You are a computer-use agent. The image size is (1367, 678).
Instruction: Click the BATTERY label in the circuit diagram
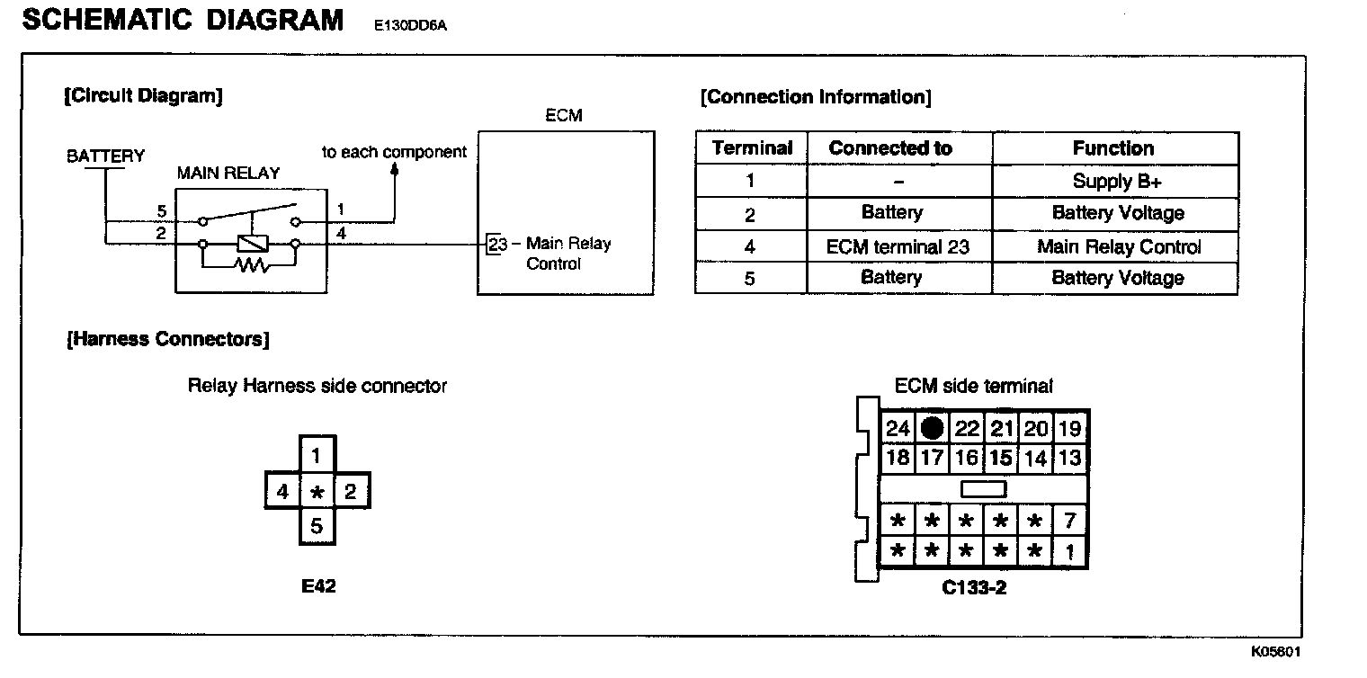[x=105, y=156]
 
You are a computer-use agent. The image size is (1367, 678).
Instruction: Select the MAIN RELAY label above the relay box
[x=228, y=174]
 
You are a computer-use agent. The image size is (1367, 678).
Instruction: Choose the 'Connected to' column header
[x=890, y=148]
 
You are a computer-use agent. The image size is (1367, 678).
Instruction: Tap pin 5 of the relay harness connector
[x=317, y=526]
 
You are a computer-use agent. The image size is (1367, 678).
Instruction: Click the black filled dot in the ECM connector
[x=933, y=428]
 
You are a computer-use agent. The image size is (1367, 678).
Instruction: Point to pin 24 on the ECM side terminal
[x=898, y=429]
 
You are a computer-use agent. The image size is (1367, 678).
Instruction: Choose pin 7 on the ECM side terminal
[x=1069, y=521]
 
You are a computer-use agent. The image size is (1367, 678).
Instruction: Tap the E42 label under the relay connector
[x=318, y=586]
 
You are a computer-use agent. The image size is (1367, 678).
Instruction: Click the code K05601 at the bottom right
[x=1275, y=652]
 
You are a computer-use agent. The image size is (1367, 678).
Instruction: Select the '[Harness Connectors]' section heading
[x=167, y=339]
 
